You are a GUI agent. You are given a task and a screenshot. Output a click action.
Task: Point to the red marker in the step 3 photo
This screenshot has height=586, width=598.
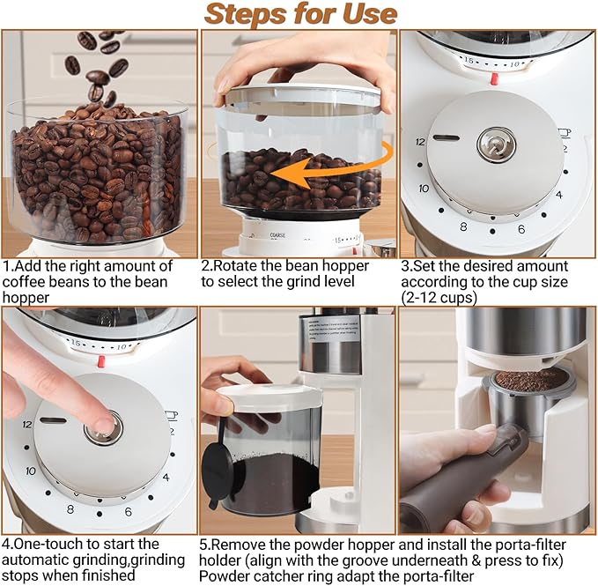tap(494, 78)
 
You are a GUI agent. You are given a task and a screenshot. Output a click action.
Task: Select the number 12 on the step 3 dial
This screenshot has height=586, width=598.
tap(420, 141)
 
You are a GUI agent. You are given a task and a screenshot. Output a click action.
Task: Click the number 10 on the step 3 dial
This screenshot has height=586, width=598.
tap(424, 189)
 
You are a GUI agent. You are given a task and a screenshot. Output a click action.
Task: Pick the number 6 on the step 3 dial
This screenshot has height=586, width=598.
tap(520, 229)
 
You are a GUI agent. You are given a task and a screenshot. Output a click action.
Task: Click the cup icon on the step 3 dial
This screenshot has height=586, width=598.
tap(563, 133)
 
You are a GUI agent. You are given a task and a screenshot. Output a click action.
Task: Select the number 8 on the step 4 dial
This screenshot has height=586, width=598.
tap(70, 508)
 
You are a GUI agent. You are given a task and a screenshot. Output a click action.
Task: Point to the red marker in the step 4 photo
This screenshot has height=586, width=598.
tap(100, 360)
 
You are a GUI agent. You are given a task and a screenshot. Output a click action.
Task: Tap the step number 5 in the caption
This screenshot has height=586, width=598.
tap(205, 544)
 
